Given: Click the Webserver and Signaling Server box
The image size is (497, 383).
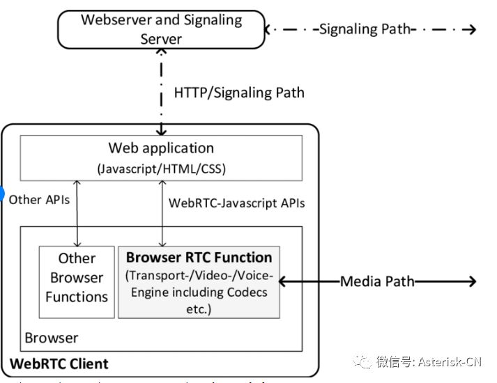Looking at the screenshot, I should coord(161,29).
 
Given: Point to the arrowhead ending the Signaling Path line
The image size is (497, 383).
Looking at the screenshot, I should coord(472,29).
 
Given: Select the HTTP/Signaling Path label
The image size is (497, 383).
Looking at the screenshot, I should coord(238,92).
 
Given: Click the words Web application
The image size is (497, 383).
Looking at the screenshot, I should coord(161,148).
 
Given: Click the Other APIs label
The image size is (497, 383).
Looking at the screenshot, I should coord(39,199).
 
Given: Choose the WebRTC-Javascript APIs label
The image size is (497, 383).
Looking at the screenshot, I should coord(237,203).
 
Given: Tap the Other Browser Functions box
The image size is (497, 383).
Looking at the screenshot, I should coord(77,278).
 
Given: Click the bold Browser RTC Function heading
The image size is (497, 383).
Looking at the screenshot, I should coord(199,257).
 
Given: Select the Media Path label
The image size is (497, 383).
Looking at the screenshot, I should coord(377,281).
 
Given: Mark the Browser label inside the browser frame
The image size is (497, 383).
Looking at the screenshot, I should coord(52,338).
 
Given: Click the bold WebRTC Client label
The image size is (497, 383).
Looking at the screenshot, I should coord(59,364).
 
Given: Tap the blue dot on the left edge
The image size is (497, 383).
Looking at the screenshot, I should coord(2,194).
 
